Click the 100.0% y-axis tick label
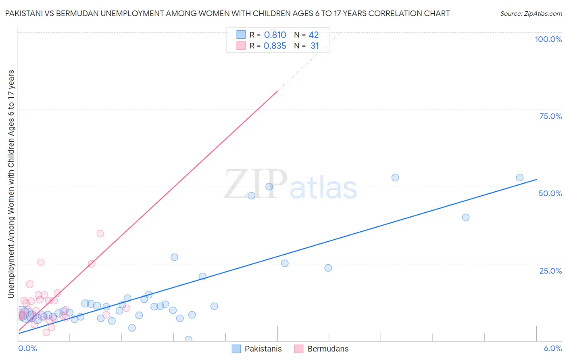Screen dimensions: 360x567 click(x=548, y=39)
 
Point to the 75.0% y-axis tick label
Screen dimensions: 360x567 click(x=550, y=116)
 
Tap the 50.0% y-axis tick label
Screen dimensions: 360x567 click(x=550, y=193)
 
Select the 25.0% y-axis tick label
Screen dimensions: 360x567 click(x=550, y=271)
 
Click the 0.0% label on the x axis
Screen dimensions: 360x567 click(x=27, y=348)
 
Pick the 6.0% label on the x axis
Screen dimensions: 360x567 click(x=552, y=348)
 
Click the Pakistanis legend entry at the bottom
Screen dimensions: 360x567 click(x=263, y=349)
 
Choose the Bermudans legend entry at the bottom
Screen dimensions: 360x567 click(x=327, y=349)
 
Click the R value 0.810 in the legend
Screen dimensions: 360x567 click(x=275, y=35)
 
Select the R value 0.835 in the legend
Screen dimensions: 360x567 click(x=275, y=46)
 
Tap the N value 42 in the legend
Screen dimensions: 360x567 click(x=314, y=35)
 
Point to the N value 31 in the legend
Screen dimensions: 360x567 click(x=315, y=46)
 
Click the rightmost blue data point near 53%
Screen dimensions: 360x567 click(x=519, y=178)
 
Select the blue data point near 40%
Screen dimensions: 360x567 click(x=465, y=217)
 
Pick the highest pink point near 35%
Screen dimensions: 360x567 click(x=100, y=233)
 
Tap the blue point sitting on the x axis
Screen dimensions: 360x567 click(x=188, y=339)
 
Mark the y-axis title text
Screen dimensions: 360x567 click(x=11, y=184)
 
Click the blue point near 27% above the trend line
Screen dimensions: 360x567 click(x=174, y=257)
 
